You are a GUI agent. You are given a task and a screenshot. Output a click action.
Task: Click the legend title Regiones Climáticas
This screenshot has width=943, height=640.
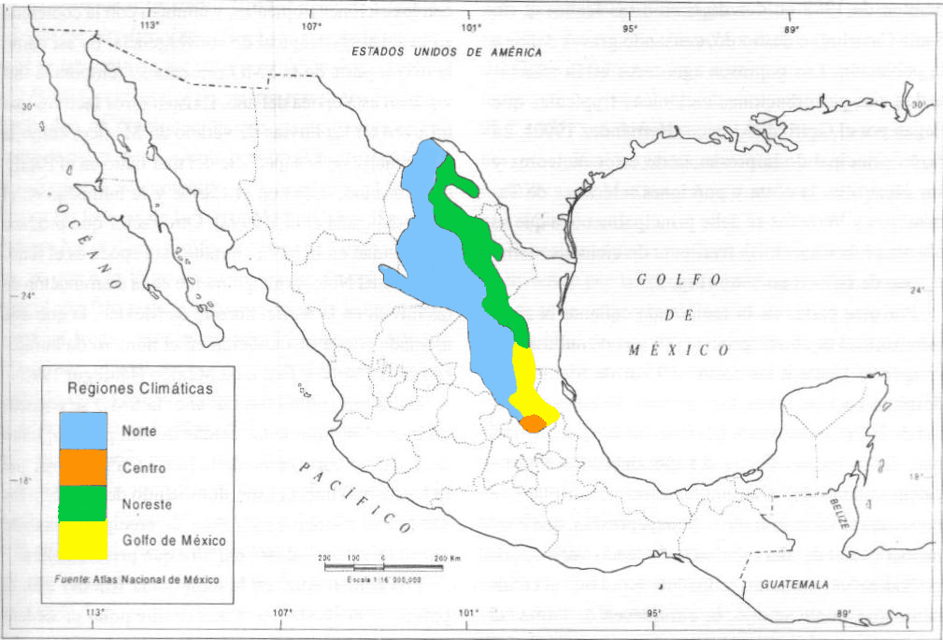click(x=140, y=386)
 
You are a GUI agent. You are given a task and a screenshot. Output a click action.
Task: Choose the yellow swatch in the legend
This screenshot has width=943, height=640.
click(x=82, y=539)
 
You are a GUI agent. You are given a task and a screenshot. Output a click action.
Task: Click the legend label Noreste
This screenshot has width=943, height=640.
click(x=147, y=503)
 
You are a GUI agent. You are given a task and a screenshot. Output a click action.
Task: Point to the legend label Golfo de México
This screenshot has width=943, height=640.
click(x=173, y=540)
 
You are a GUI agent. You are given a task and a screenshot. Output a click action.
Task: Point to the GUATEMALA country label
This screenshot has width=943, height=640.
click(x=794, y=585)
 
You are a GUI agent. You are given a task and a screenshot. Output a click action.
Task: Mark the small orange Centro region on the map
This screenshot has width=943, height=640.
click(x=533, y=423)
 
